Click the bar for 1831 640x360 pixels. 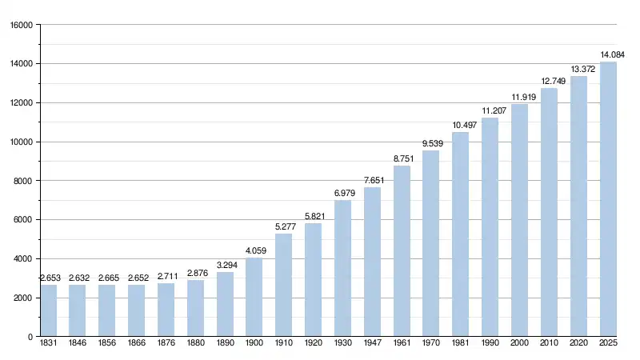point(49,310)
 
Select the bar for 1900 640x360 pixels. point(254,297)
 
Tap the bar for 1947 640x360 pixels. point(373,262)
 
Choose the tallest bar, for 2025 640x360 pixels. point(609,199)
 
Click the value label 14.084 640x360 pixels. point(613,54)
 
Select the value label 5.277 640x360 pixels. point(284,226)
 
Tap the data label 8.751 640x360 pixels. point(402,158)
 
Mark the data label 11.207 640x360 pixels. point(490,110)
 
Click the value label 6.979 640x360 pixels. point(343,193)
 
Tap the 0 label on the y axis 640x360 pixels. point(30,337)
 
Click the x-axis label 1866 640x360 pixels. point(137,345)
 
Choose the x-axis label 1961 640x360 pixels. point(402,345)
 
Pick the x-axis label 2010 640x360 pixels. point(550,345)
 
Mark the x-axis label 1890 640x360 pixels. point(226,345)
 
